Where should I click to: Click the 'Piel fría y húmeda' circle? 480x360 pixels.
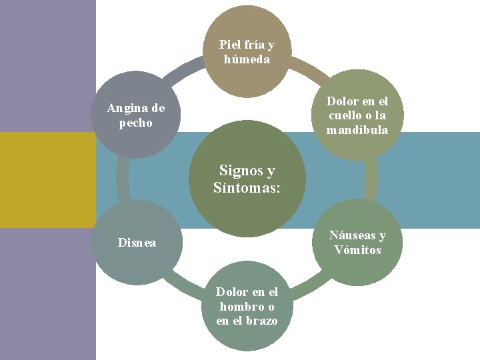point(247,52)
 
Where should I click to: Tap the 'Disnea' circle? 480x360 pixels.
point(137,243)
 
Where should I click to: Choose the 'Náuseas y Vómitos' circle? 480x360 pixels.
point(358,243)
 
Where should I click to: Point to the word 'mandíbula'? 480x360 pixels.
point(357,130)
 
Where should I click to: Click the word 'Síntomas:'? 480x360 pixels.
point(247,188)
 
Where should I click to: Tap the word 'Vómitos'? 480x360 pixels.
point(358,250)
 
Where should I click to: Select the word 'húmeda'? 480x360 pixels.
point(247,59)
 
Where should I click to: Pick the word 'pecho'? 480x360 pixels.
point(136,123)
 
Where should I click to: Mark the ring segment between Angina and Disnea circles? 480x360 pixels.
point(122,179)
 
